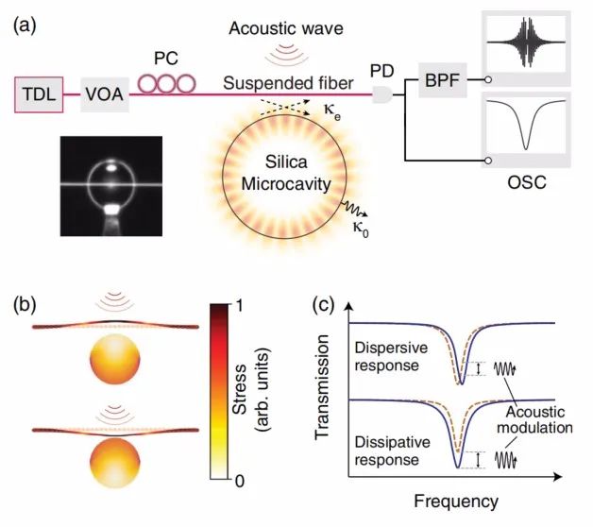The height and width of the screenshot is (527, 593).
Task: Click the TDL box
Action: [x=39, y=94]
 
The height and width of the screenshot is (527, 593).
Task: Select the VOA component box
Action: [x=105, y=94]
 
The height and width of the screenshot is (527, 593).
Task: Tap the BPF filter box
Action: [x=443, y=80]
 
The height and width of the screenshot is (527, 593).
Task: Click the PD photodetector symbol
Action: [x=382, y=94]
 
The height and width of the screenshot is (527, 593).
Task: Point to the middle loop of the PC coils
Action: [x=166, y=84]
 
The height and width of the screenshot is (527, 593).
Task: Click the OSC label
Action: [x=527, y=182]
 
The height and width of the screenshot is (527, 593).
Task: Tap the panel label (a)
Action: [x=25, y=26]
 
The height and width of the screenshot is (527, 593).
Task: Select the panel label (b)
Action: [x=25, y=305]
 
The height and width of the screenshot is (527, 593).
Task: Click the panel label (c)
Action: [x=324, y=305]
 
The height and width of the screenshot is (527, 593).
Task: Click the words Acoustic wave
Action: [x=286, y=28]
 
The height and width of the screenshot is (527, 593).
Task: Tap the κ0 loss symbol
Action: [x=360, y=229]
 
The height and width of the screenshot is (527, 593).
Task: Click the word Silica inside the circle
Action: [x=286, y=161]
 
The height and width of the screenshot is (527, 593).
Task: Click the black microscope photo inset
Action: [x=111, y=186]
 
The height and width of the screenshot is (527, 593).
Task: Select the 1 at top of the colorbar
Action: [x=239, y=306]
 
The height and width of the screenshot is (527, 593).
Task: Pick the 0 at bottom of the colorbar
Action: [x=240, y=481]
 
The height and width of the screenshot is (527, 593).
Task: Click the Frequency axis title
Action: [x=456, y=501]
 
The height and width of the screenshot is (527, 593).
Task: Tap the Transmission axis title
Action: [x=322, y=387]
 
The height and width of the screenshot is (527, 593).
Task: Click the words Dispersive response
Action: [x=391, y=357]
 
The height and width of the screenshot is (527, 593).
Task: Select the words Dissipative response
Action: [x=392, y=450]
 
